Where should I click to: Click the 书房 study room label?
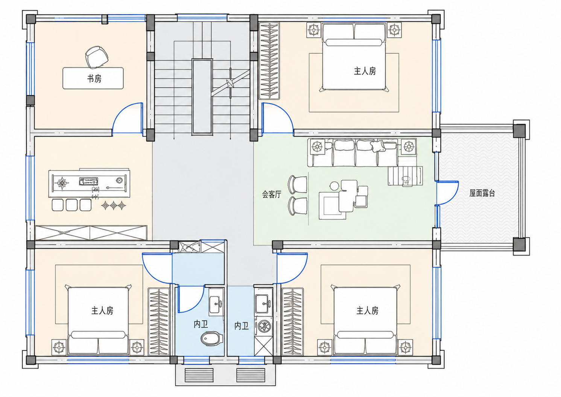94,79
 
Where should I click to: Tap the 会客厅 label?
272,194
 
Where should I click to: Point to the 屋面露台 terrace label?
482,193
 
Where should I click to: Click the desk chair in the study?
97,57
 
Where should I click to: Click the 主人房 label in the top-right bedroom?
365,71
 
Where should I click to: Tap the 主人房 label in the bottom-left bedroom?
102,310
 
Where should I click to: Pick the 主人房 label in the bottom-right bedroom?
367,310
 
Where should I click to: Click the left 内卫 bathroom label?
201,324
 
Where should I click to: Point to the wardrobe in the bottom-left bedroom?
159,322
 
